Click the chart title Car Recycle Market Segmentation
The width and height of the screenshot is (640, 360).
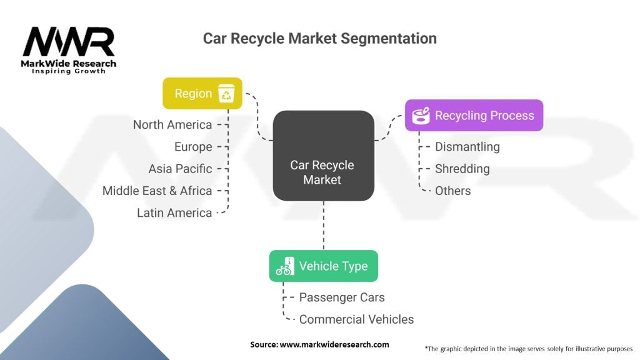[x=319, y=38]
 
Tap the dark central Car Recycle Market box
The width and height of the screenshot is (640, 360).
[x=323, y=156]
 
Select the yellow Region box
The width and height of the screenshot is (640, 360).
[x=202, y=94]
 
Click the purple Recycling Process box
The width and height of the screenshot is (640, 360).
[x=474, y=115]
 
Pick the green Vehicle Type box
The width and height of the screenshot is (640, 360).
[x=323, y=266]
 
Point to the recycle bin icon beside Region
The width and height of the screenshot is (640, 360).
[x=226, y=94]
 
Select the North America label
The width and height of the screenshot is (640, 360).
[x=172, y=124]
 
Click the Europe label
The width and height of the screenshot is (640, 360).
[x=193, y=147]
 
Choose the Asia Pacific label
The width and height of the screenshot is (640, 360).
[x=180, y=169]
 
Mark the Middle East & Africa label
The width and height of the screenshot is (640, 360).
[x=157, y=191]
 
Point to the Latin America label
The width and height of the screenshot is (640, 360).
[x=174, y=212]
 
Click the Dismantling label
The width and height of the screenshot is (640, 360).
[x=467, y=147]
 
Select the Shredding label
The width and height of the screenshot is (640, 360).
[x=462, y=169]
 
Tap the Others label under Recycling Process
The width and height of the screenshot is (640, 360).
[x=453, y=191]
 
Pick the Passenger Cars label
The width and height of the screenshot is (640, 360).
[x=342, y=297]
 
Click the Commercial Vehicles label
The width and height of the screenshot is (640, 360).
[x=356, y=319]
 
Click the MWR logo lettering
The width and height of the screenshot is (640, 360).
[x=69, y=42]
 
